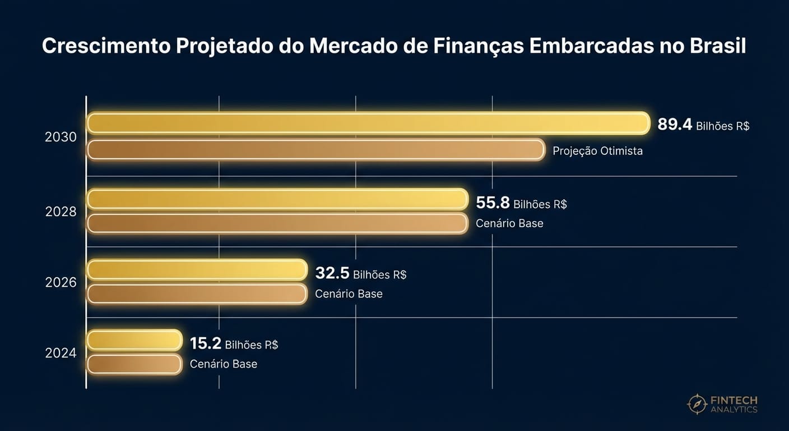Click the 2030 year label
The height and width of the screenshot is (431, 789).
tap(61, 137)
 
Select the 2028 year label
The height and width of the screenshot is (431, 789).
tap(61, 212)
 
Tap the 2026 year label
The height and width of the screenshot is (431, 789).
tap(61, 282)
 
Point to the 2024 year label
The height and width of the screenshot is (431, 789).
tap(61, 354)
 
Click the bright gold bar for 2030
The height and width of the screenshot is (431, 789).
tap(368, 123)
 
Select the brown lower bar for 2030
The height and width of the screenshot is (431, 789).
tap(315, 150)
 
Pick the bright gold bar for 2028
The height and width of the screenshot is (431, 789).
tap(277, 199)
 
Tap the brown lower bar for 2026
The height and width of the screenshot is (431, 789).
tap(197, 294)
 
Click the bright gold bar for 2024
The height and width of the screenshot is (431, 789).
tap(134, 340)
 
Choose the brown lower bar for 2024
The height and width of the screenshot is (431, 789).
tap(134, 364)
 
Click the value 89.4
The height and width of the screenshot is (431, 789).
tap(675, 125)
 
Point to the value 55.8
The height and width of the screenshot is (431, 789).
tap(493, 203)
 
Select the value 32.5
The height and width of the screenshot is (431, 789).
tap(332, 273)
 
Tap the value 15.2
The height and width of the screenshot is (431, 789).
tap(206, 343)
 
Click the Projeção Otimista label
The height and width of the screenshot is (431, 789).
tap(597, 151)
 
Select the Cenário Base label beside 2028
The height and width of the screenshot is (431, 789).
tap(509, 223)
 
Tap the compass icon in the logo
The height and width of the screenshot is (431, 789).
tap(697, 404)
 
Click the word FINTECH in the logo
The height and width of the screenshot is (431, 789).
tap(734, 400)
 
